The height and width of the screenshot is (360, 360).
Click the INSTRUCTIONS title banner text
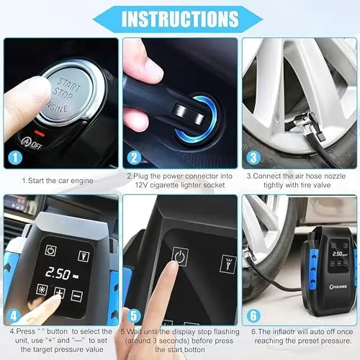tap(180, 19)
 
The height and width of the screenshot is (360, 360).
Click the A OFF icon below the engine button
tap(32, 143)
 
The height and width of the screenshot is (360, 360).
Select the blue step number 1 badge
tap(15, 158)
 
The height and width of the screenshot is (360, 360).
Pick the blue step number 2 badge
tap(134, 158)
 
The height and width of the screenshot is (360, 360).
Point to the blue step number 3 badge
tap(253, 158)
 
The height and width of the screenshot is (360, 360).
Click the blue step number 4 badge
tap(14, 315)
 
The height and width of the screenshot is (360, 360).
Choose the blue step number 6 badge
tap(253, 315)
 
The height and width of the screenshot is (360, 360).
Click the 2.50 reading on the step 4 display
tap(58, 274)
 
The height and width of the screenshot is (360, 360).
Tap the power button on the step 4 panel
tap(50, 251)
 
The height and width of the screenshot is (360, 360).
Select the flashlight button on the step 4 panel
tap(84, 256)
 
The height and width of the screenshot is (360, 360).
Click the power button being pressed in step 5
tap(180, 256)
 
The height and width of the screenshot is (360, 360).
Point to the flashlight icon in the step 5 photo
tap(228, 263)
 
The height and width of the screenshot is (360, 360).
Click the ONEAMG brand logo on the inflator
tap(338, 287)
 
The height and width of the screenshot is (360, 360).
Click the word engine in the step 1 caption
tap(82, 181)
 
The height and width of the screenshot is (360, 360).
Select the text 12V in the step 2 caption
tap(141, 185)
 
